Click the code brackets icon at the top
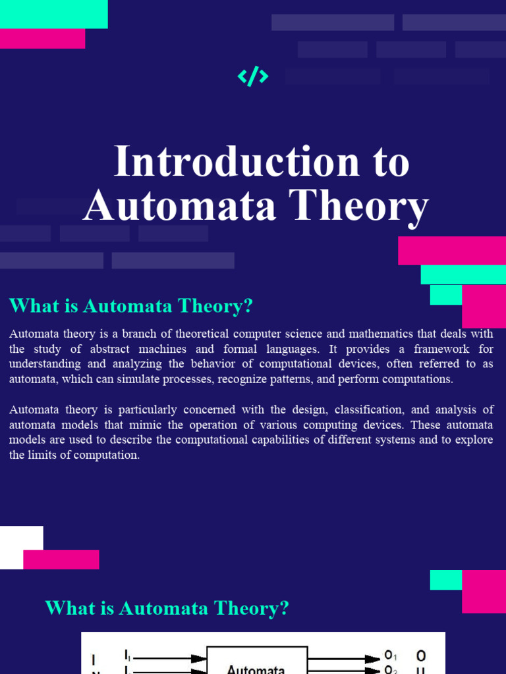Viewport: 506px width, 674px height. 253,77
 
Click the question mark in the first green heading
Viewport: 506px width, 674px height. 248,306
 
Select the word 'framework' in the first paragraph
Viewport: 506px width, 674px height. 434,349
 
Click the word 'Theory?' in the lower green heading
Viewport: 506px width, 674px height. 256,608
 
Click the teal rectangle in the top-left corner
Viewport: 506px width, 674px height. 53,14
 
